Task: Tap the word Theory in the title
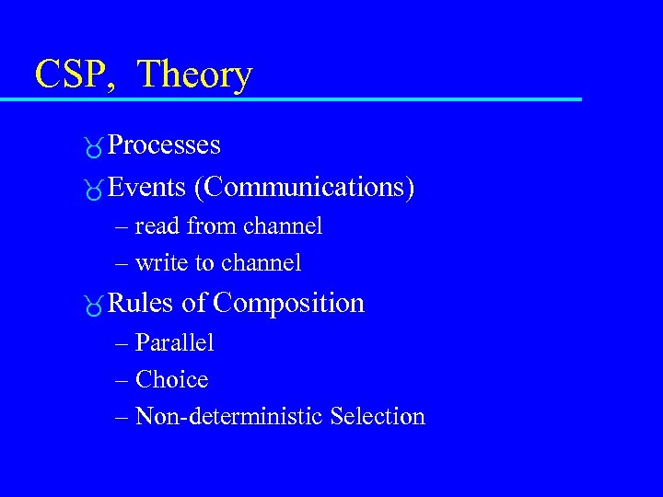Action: pos(195,74)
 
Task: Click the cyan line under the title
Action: pos(304,98)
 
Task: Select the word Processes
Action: pos(164,145)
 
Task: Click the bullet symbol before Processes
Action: pos(92,146)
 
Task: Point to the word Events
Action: pos(146,188)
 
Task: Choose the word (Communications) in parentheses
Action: pos(304,188)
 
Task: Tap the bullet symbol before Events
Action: pos(92,189)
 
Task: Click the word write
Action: pos(161,263)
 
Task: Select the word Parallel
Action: pos(174,343)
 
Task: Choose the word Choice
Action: pos(171,379)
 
